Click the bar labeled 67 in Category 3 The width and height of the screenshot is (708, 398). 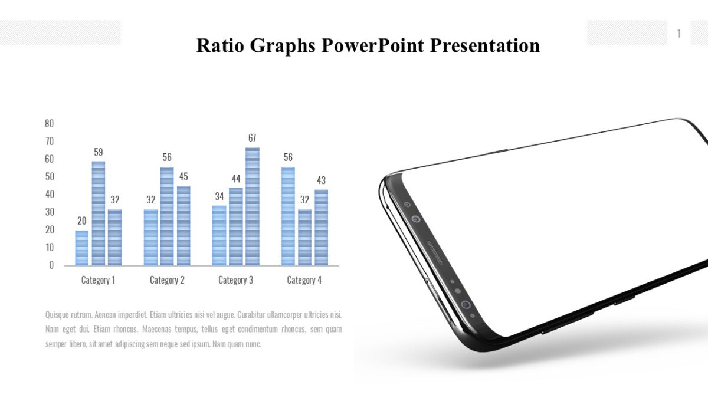[x=253, y=206]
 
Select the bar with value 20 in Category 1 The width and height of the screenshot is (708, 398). [x=82, y=248]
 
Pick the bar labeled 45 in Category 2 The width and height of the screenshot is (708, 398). [x=183, y=226]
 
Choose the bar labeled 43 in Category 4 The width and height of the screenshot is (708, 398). [x=321, y=228]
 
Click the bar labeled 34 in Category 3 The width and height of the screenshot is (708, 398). [x=219, y=235]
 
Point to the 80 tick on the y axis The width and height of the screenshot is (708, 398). [x=49, y=123]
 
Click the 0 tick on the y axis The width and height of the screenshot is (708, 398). [x=51, y=265]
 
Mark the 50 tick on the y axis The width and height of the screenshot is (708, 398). [x=49, y=176]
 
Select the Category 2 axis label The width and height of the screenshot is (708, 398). [x=167, y=280]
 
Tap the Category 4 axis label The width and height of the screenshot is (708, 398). [x=304, y=280]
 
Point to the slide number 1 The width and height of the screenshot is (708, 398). [x=678, y=34]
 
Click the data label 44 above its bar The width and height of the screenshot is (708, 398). [x=236, y=179]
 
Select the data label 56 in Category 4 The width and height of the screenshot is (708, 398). [x=288, y=157]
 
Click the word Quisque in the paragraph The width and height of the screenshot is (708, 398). [x=57, y=315]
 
